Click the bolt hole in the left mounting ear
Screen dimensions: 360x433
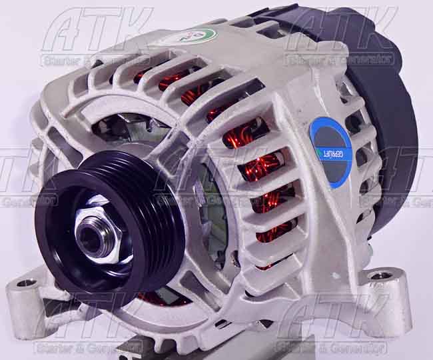pos(27,283)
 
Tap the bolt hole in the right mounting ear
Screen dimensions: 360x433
pos(380,275)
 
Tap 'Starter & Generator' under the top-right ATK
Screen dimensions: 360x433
pos(339,59)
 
